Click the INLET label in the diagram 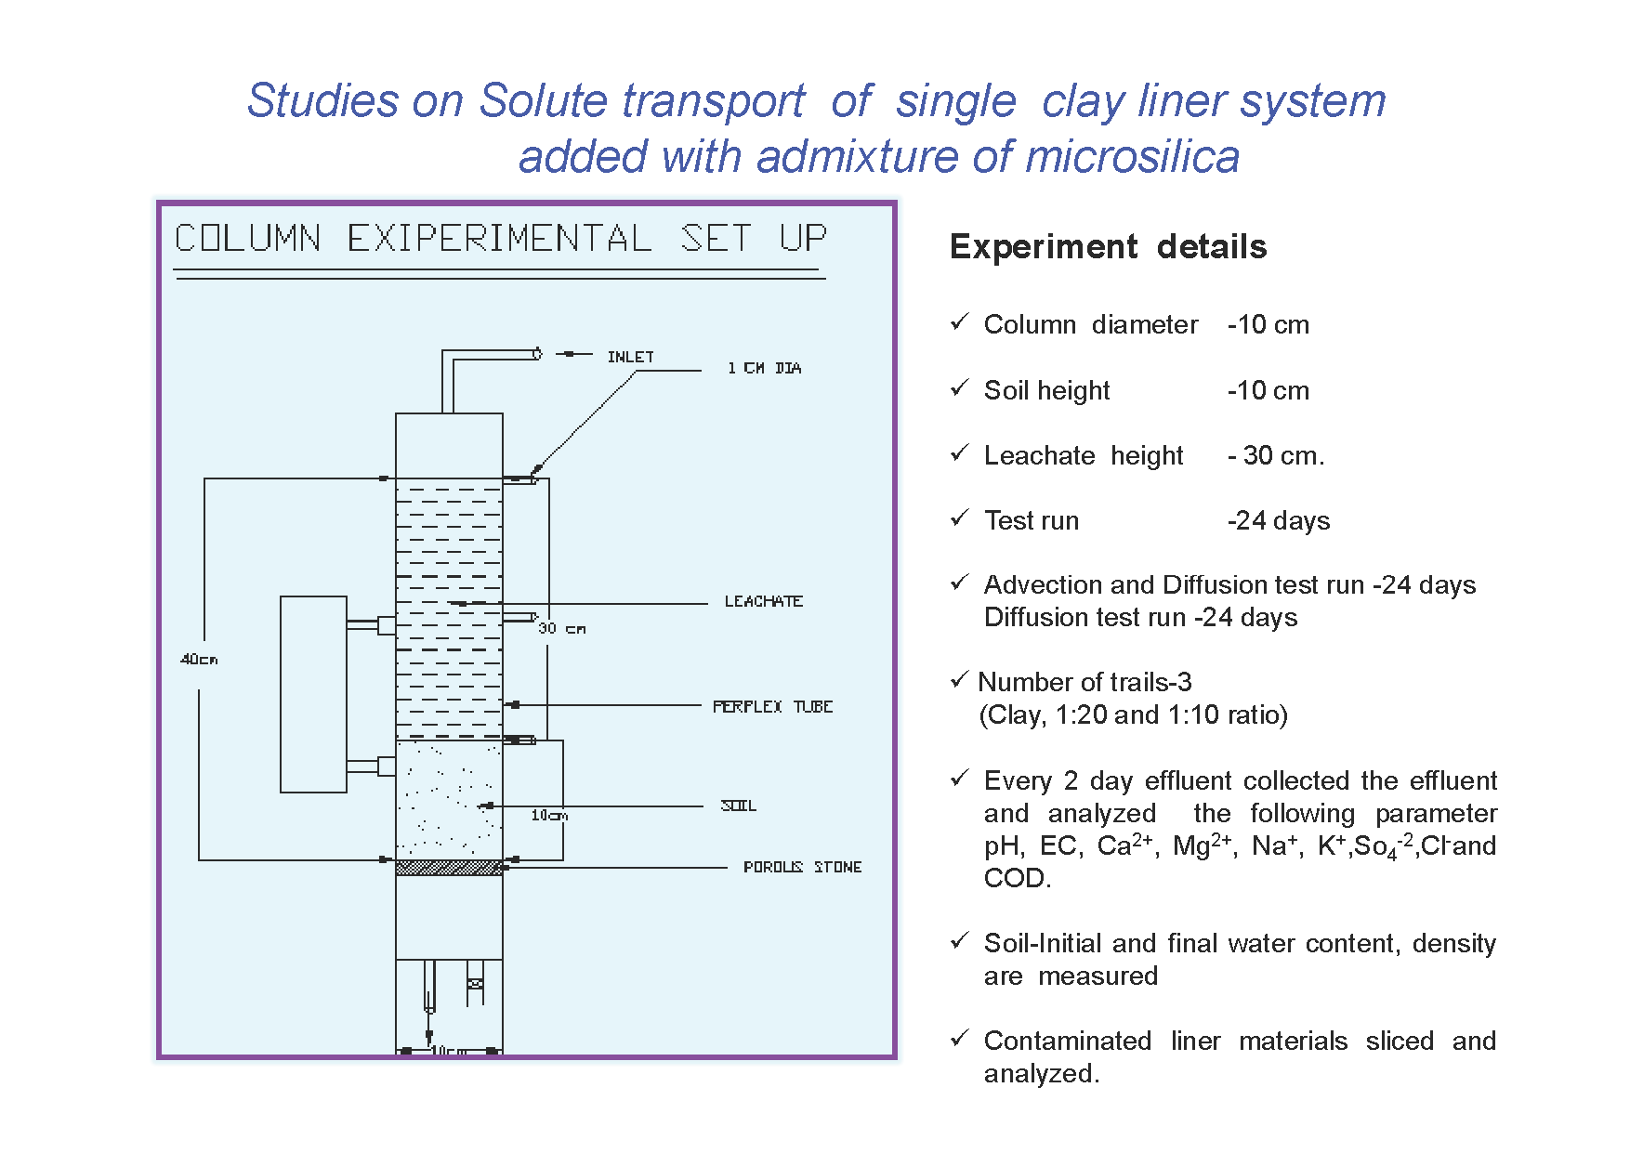630,357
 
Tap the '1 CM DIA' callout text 764,368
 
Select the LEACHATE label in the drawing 763,601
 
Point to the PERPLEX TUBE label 772,706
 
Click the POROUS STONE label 802,867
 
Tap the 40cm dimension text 199,660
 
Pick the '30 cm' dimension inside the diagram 561,629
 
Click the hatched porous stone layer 449,868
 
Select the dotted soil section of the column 449,800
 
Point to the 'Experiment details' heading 1108,247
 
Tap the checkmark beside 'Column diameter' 960,322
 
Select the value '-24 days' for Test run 1279,520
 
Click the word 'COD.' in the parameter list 1018,878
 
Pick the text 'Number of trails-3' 1084,682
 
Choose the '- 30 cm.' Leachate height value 1276,455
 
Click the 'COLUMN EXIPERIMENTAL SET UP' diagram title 500,239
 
